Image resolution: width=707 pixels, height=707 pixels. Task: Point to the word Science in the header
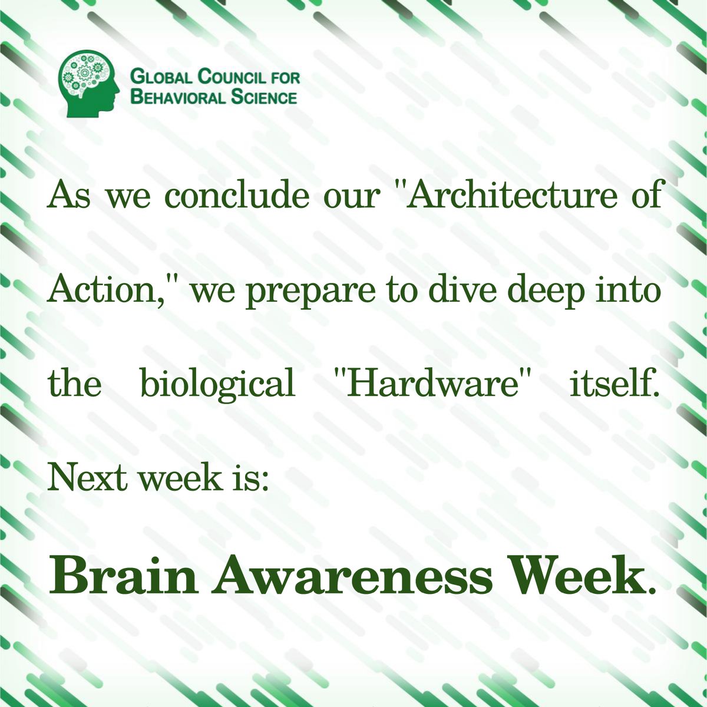263,97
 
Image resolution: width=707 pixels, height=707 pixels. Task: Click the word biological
217,385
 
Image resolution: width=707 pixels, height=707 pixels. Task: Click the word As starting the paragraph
70,196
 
